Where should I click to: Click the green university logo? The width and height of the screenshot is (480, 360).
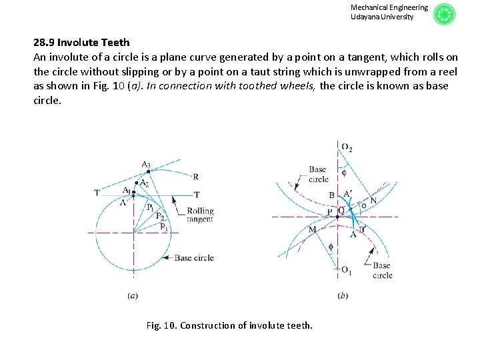pos(444,14)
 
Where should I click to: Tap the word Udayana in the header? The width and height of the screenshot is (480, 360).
pos(364,17)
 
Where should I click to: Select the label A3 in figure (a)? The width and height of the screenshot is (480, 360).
pos(146,165)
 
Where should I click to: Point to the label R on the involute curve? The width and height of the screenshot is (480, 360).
pos(195,177)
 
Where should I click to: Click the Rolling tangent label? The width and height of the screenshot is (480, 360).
pos(200,215)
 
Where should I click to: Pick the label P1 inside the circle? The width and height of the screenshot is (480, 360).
pos(151,207)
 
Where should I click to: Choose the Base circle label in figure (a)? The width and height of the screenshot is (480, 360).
pos(194,258)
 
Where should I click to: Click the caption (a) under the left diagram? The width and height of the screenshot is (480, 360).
pos(133,295)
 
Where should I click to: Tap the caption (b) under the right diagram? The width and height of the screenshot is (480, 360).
pos(343,295)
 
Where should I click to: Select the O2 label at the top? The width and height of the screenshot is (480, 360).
pos(347,147)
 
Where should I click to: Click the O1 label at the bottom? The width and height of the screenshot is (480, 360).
pos(347,270)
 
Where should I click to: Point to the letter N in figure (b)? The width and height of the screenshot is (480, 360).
pos(373,200)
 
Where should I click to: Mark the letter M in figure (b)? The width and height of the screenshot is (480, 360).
pos(312,229)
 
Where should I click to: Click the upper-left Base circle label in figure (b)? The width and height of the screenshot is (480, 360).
pos(318,174)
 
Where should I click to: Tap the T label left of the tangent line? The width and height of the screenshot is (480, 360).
pos(97,193)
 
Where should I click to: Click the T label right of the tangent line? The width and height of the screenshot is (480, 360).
pos(197,195)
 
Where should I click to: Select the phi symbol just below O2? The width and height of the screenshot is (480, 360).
pos(344,171)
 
